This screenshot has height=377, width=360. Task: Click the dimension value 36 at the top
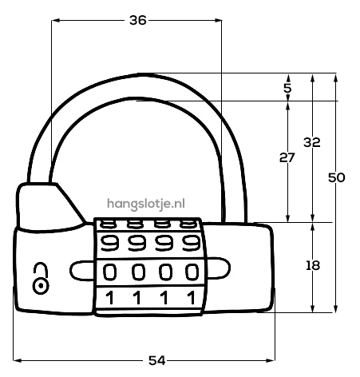click(x=138, y=20)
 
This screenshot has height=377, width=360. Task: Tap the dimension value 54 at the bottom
click(x=156, y=360)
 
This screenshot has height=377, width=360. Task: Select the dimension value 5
click(x=287, y=88)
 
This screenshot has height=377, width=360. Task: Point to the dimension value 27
click(x=287, y=157)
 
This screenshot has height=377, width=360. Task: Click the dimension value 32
click(x=312, y=142)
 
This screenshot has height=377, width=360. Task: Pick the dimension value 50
click(x=337, y=177)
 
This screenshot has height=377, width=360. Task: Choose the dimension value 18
click(x=313, y=265)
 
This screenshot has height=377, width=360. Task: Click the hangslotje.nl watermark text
click(x=146, y=204)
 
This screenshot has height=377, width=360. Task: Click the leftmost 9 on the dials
click(x=109, y=243)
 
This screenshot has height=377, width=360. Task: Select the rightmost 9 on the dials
click(x=192, y=243)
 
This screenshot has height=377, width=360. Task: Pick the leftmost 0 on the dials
click(x=110, y=272)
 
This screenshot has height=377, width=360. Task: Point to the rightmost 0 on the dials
click(x=192, y=272)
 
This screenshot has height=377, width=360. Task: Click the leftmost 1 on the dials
click(x=109, y=298)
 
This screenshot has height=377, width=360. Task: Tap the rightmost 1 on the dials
click(x=191, y=298)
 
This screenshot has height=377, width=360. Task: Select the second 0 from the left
click(x=139, y=272)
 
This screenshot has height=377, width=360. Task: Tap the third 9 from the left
click(x=164, y=243)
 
